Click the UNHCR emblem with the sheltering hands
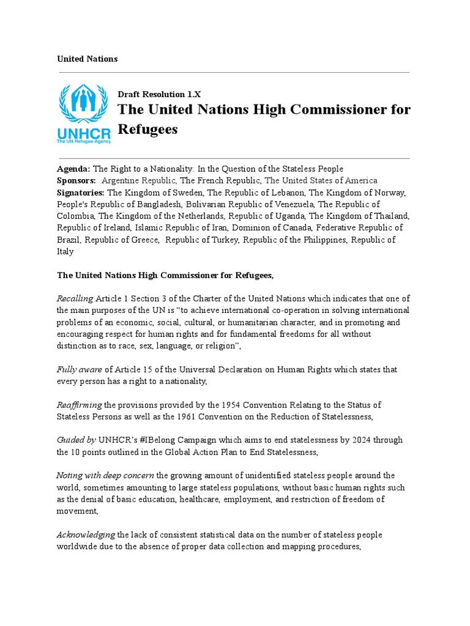pyautogui.click(x=84, y=104)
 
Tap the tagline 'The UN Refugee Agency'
pyautogui.click(x=84, y=141)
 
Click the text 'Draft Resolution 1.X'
pyautogui.click(x=159, y=94)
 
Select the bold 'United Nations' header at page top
pyautogui.click(x=88, y=59)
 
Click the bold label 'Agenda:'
pyautogui.click(x=73, y=169)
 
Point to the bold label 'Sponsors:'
pyautogui.click(x=76, y=180)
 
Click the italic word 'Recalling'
pyautogui.click(x=75, y=299)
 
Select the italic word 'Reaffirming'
pyautogui.click(x=80, y=405)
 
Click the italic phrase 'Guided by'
pyautogui.click(x=76, y=440)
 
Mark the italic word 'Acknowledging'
pyautogui.click(x=86, y=535)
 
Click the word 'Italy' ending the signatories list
pyautogui.click(x=65, y=251)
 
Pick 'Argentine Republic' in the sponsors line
pyautogui.click(x=139, y=180)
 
